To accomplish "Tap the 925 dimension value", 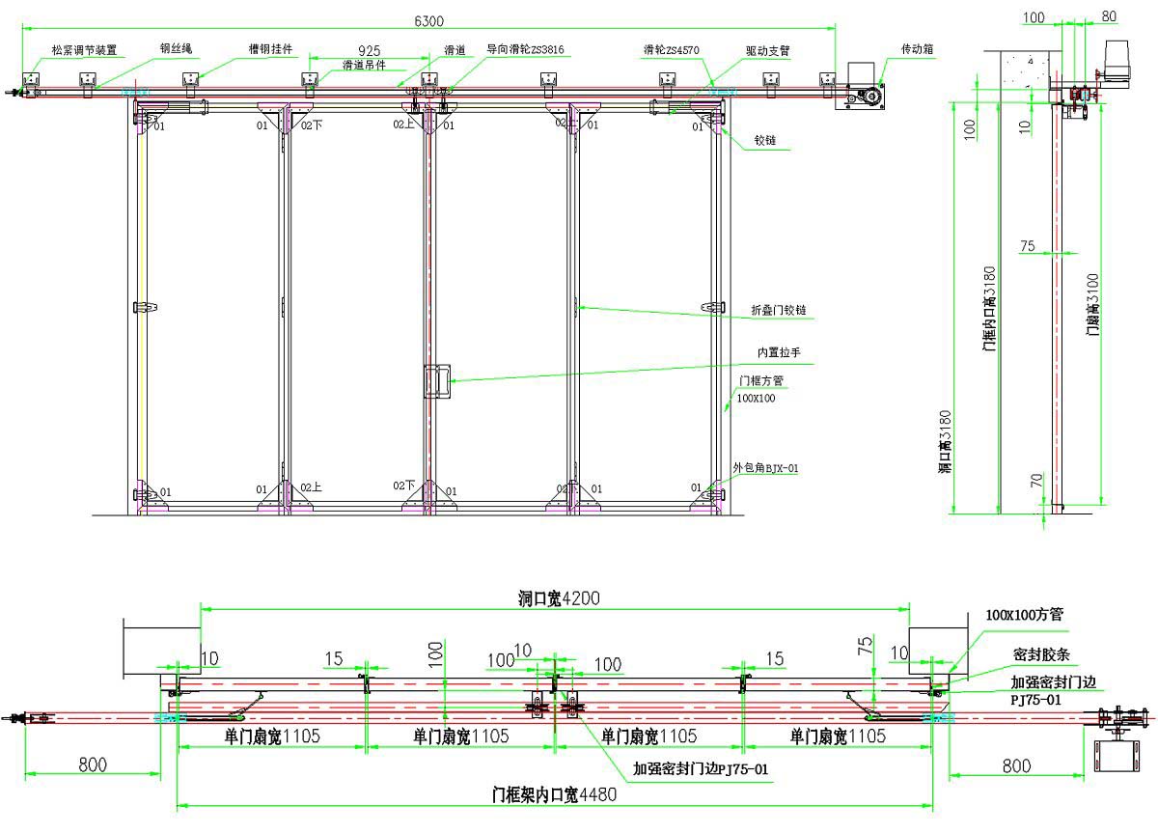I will pyautogui.click(x=368, y=50).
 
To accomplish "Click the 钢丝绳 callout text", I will pyautogui.click(x=176, y=47).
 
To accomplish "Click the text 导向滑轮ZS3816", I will pyautogui.click(x=525, y=48).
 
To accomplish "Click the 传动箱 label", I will pyautogui.click(x=917, y=47).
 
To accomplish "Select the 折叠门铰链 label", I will pyautogui.click(x=779, y=311).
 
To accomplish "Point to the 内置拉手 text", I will pyautogui.click(x=778, y=352).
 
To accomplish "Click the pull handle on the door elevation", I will pyautogui.click(x=437, y=381).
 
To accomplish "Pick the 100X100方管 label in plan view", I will pyautogui.click(x=1024, y=614).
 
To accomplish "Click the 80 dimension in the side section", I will pyautogui.click(x=1109, y=16).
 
